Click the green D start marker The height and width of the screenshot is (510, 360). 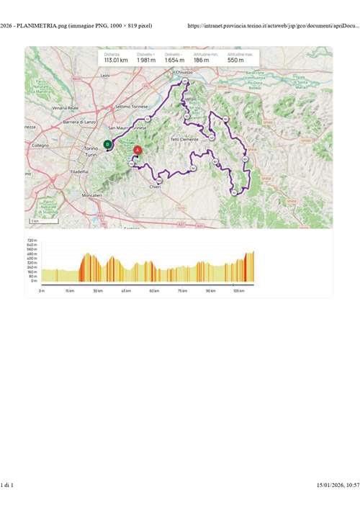(107, 144)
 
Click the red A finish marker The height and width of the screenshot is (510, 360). (138, 151)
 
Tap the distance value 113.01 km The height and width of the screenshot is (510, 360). (117, 61)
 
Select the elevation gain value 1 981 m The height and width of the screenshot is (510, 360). (146, 61)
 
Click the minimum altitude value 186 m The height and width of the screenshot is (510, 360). (202, 61)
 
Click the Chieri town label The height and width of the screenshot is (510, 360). (155, 187)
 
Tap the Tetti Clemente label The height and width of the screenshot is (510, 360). (184, 138)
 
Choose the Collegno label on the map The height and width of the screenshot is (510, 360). (41, 145)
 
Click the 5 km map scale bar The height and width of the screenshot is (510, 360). (35, 222)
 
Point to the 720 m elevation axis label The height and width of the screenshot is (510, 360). (32, 241)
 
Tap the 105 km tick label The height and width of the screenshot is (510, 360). (238, 290)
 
